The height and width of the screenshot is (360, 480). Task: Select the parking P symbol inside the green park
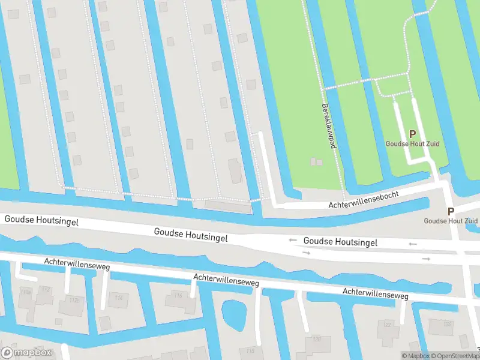412,134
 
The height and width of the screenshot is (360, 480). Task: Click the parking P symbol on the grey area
451,211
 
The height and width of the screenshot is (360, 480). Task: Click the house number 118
250,350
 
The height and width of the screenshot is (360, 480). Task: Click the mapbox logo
26,352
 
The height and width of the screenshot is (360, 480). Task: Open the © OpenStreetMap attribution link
456,356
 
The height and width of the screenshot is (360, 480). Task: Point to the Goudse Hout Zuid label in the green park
412,144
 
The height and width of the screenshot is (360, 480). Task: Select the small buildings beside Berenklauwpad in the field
316,162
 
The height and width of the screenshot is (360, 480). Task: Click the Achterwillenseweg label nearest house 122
375,294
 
